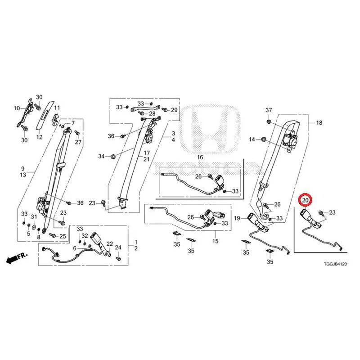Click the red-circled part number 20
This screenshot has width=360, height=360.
tap(305, 200)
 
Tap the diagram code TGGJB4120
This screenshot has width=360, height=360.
tap(335, 264)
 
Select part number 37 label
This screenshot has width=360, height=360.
tap(269, 110)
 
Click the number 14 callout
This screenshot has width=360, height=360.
tap(252, 139)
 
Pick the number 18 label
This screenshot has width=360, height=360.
tap(319, 122)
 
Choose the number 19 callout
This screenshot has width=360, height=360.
tap(237, 218)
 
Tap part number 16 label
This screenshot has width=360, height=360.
tap(200, 157)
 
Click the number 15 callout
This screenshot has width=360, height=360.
tap(216, 241)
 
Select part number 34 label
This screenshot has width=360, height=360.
tap(101, 156)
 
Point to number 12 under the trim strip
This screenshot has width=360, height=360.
tap(39, 137)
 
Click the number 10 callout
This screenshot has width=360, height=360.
tap(17, 108)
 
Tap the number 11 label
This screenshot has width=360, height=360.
tap(57, 108)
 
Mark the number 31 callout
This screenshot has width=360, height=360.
tap(34, 217)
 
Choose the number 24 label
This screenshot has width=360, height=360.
tap(118, 247)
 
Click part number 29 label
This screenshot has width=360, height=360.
tap(174, 110)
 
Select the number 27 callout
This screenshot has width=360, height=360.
tap(78, 142)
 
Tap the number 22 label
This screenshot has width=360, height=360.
tap(110, 244)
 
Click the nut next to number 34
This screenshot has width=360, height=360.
tap(113, 157)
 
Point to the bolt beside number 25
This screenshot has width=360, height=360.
tap(52, 235)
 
